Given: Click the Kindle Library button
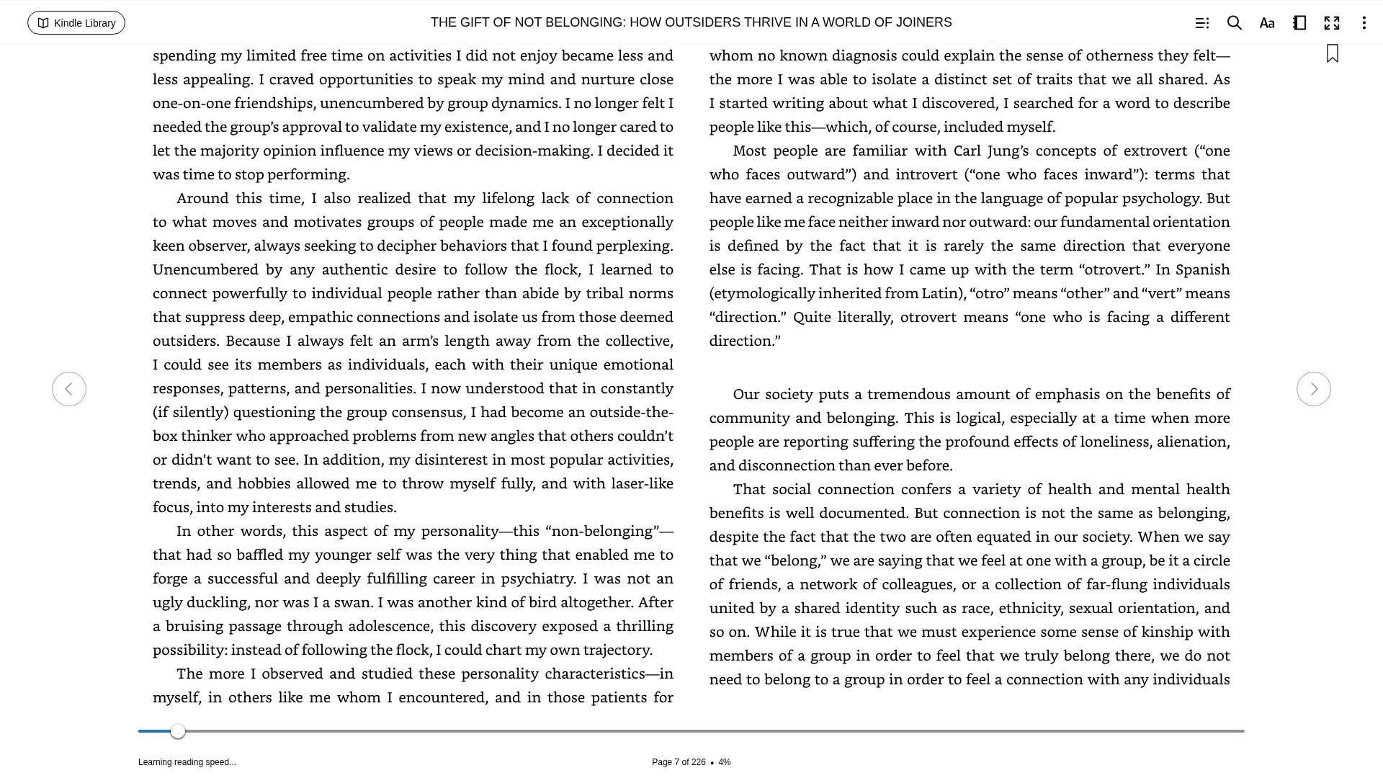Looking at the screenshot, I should (x=76, y=23).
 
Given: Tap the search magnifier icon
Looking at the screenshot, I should (x=1234, y=23).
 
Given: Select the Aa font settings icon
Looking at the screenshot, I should (x=1266, y=23).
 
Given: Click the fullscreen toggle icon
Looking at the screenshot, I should (x=1331, y=23).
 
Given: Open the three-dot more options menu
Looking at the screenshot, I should (x=1364, y=23).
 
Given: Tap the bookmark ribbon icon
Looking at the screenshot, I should (x=1332, y=54).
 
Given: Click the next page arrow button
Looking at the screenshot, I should (x=1313, y=389).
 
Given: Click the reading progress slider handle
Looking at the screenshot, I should (x=178, y=731).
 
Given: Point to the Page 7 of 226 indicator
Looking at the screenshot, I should (x=678, y=762).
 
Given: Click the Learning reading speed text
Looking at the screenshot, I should (x=187, y=762).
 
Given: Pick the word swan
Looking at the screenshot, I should (x=354, y=602).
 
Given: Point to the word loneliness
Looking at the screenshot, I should (x=1114, y=442).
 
